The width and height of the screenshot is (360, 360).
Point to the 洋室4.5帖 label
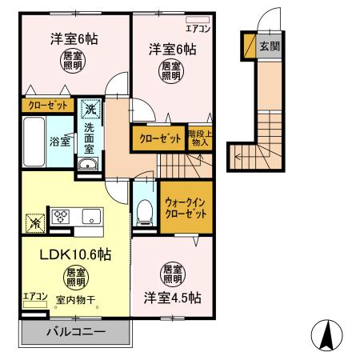173,297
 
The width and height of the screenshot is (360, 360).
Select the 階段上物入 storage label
198,137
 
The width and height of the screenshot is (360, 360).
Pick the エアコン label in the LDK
34,296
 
